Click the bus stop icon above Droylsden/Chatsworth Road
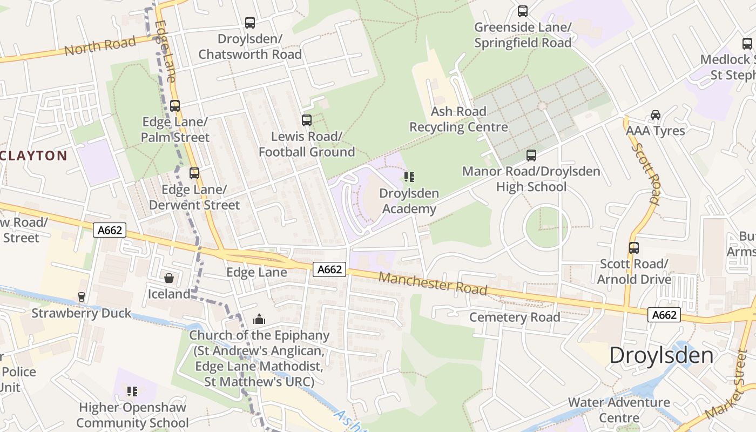(250, 23)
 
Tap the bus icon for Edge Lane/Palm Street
(175, 106)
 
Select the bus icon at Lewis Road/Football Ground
(307, 120)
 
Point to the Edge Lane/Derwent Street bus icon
(194, 173)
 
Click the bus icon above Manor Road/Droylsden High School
(531, 156)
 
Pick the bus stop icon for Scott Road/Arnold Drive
(634, 248)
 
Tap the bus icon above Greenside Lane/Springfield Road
(523, 11)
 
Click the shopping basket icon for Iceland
(169, 278)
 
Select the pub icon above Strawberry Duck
(82, 297)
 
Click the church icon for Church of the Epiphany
(259, 319)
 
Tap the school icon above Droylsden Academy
(409, 177)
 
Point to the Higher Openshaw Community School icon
(132, 391)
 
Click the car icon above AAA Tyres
(656, 114)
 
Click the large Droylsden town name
(661, 355)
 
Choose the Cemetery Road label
(515, 317)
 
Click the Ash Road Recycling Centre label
(458, 119)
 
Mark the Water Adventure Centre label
(619, 410)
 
